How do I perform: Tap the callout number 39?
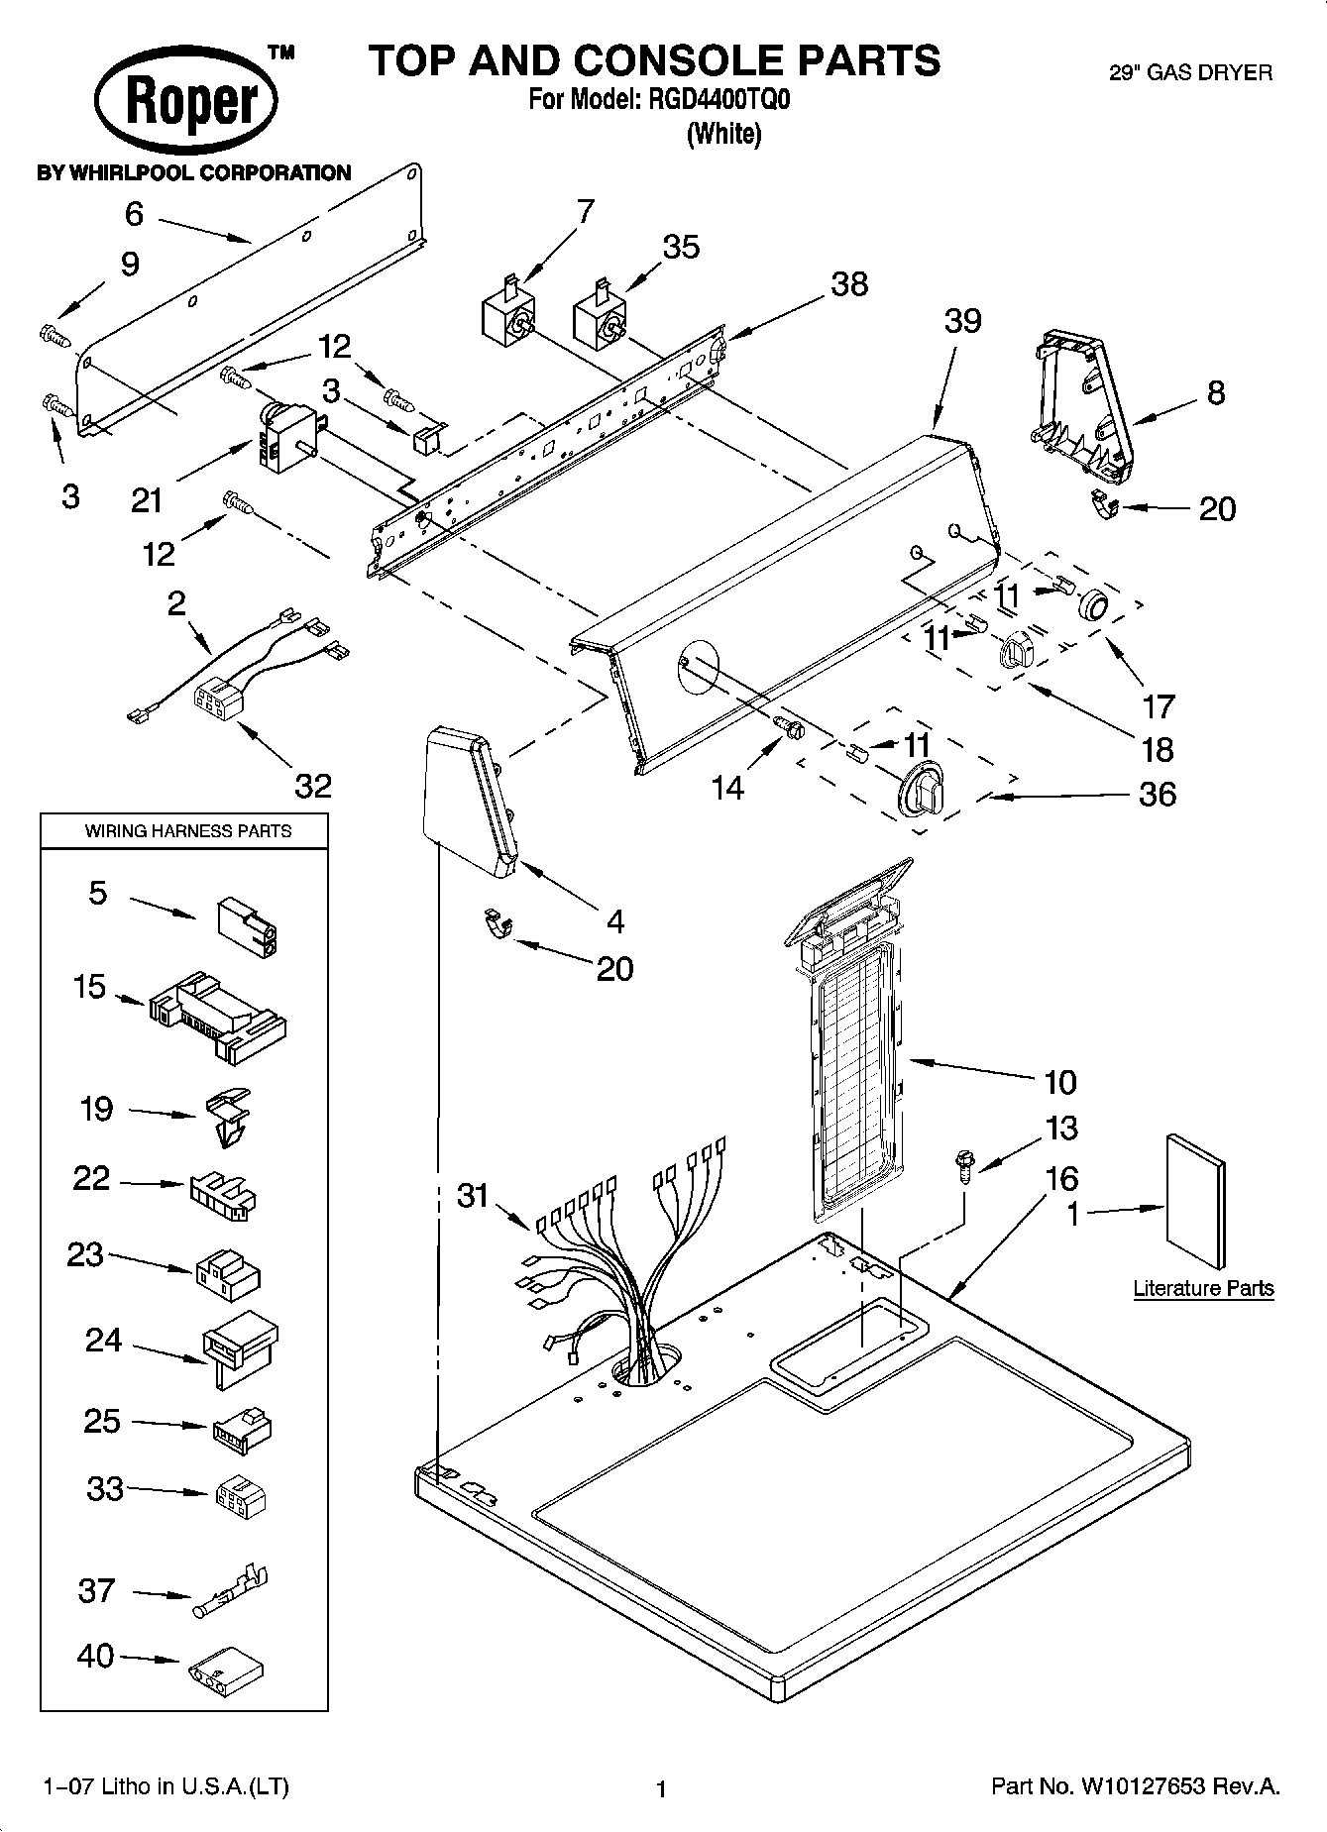tap(962, 320)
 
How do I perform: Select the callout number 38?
tap(849, 284)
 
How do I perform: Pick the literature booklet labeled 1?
tap(1194, 1200)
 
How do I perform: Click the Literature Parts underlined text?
tap(1203, 1288)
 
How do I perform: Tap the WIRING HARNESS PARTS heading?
tap(187, 831)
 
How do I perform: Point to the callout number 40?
tap(95, 1656)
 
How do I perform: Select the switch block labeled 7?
tap(508, 314)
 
